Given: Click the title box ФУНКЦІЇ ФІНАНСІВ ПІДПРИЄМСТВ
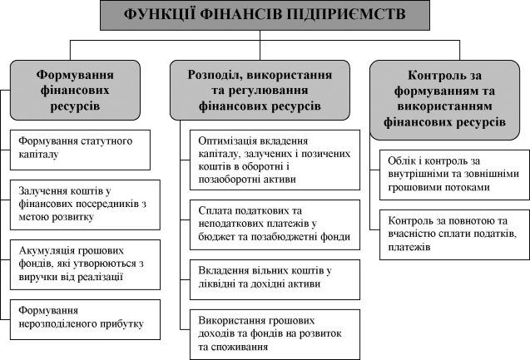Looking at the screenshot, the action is [x=265, y=15].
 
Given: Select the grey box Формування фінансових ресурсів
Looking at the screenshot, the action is [x=75, y=90].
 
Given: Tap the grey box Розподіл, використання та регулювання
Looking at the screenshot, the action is [x=260, y=90].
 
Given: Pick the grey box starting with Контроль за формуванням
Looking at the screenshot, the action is [x=444, y=100].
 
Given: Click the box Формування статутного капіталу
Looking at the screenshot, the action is [x=80, y=150].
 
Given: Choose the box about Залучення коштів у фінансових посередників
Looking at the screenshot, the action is [x=85, y=205].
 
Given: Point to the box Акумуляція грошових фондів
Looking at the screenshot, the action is [x=85, y=264].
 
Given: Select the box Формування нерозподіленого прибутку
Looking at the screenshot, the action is [x=85, y=319].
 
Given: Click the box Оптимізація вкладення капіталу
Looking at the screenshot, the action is [x=275, y=160].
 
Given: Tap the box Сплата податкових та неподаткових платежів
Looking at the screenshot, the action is [x=275, y=224].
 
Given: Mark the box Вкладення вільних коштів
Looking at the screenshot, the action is [x=275, y=279].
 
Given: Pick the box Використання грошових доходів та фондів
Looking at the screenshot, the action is [x=275, y=334].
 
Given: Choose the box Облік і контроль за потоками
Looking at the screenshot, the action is [x=454, y=175].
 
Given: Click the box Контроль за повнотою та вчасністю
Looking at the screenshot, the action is [x=454, y=234].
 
